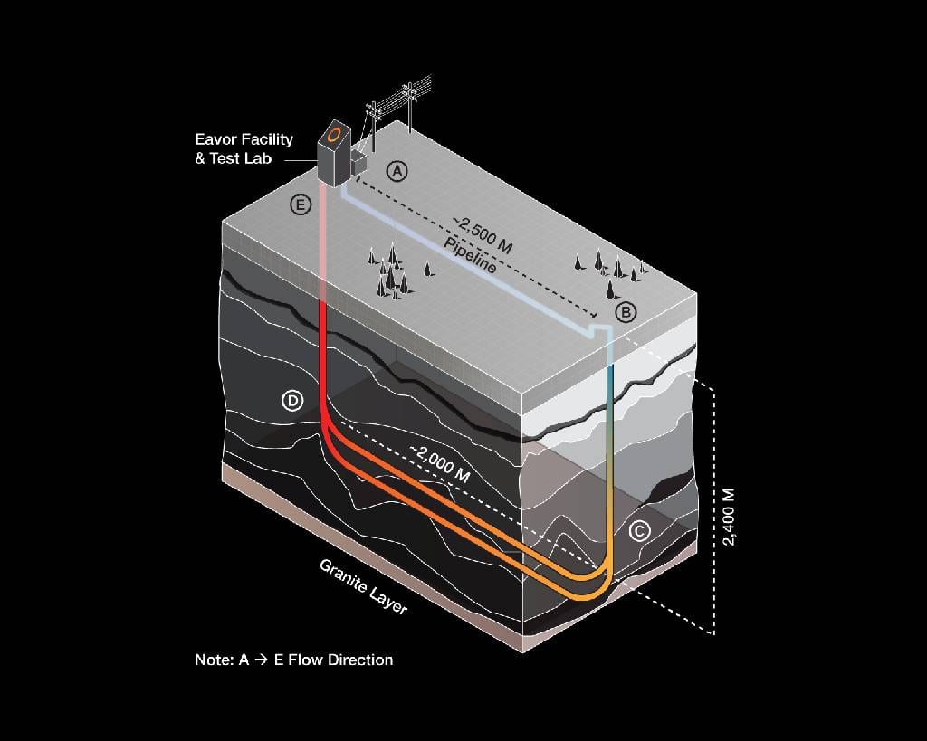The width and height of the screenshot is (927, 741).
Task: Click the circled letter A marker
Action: pos(397,170)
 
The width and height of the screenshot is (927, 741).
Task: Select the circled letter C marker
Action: pos(638,531)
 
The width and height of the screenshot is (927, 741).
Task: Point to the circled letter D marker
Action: pos(291,400)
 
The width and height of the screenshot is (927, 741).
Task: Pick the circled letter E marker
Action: pos(301,204)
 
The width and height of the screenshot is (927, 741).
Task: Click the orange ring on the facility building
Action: pos(335,135)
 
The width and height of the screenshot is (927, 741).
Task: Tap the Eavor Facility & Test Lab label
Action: pos(244,149)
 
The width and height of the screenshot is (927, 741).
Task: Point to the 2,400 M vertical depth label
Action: pos(730,517)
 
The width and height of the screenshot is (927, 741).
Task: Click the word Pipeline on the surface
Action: pos(470,256)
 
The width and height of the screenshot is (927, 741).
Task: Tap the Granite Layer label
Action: pos(363,586)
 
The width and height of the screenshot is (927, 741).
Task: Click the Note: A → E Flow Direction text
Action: pos(293,660)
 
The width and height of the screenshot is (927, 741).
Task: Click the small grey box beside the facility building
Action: pos(358,163)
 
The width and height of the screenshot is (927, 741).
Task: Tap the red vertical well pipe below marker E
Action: pos(323,353)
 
